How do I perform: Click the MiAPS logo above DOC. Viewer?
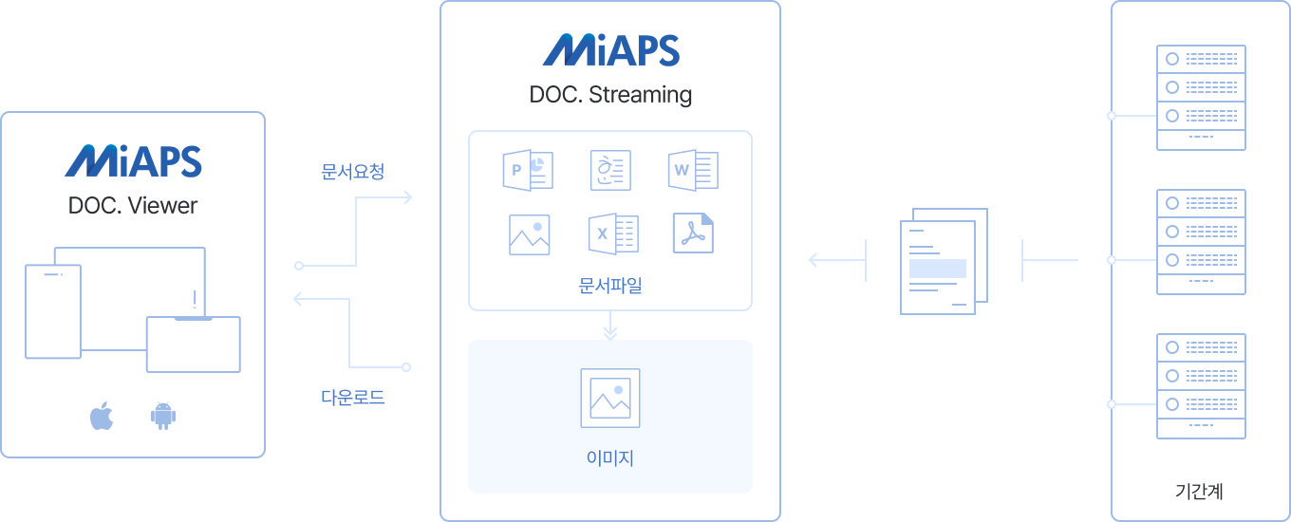pyautogui.click(x=133, y=161)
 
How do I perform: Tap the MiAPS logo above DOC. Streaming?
pyautogui.click(x=610, y=50)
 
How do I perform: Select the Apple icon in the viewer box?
pyautogui.click(x=102, y=416)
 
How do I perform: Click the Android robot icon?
pyautogui.click(x=163, y=416)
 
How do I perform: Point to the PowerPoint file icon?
pyautogui.click(x=528, y=170)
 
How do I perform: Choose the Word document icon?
pyautogui.click(x=693, y=170)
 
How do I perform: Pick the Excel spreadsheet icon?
pyautogui.click(x=612, y=233)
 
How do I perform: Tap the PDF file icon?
pyautogui.click(x=693, y=233)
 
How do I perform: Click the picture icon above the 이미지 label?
pyautogui.click(x=610, y=398)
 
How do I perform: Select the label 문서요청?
pyautogui.click(x=352, y=172)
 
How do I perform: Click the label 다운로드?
pyautogui.click(x=352, y=397)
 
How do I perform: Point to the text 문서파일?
pyautogui.click(x=610, y=284)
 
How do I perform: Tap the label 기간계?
pyautogui.click(x=1199, y=492)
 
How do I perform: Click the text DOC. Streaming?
pyautogui.click(x=610, y=95)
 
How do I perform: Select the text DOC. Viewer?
pyautogui.click(x=133, y=206)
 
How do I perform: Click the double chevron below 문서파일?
pyautogui.click(x=610, y=331)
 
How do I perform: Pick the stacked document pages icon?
pyautogui.click(x=944, y=260)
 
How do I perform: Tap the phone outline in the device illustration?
pyautogui.click(x=53, y=311)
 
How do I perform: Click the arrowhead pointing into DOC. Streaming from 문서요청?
pyautogui.click(x=407, y=197)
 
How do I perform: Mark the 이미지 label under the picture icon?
pyautogui.click(x=610, y=458)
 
